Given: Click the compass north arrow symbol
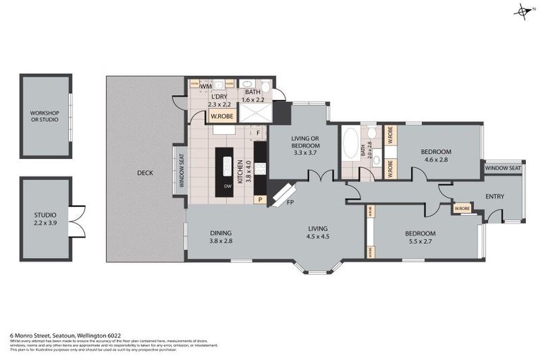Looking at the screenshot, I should pos(523,11).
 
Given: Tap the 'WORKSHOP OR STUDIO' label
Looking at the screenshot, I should pos(44,116).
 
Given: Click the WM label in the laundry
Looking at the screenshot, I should pos(206,86).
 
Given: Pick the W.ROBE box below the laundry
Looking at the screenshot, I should pos(223,116).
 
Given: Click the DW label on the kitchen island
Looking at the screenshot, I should pos(227,186).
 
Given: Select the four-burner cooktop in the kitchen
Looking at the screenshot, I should pos(259,168).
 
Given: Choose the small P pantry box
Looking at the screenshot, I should pos(260,200).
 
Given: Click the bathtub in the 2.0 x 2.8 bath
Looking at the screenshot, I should pos(349,149).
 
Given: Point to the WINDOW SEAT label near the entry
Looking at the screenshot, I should pos(503,168).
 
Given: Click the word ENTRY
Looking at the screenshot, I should pos(494,196).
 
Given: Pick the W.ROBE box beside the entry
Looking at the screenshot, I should pos(461,208).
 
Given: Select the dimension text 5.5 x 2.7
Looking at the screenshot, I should pos(420,243).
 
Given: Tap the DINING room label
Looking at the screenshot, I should pos(220,233).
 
